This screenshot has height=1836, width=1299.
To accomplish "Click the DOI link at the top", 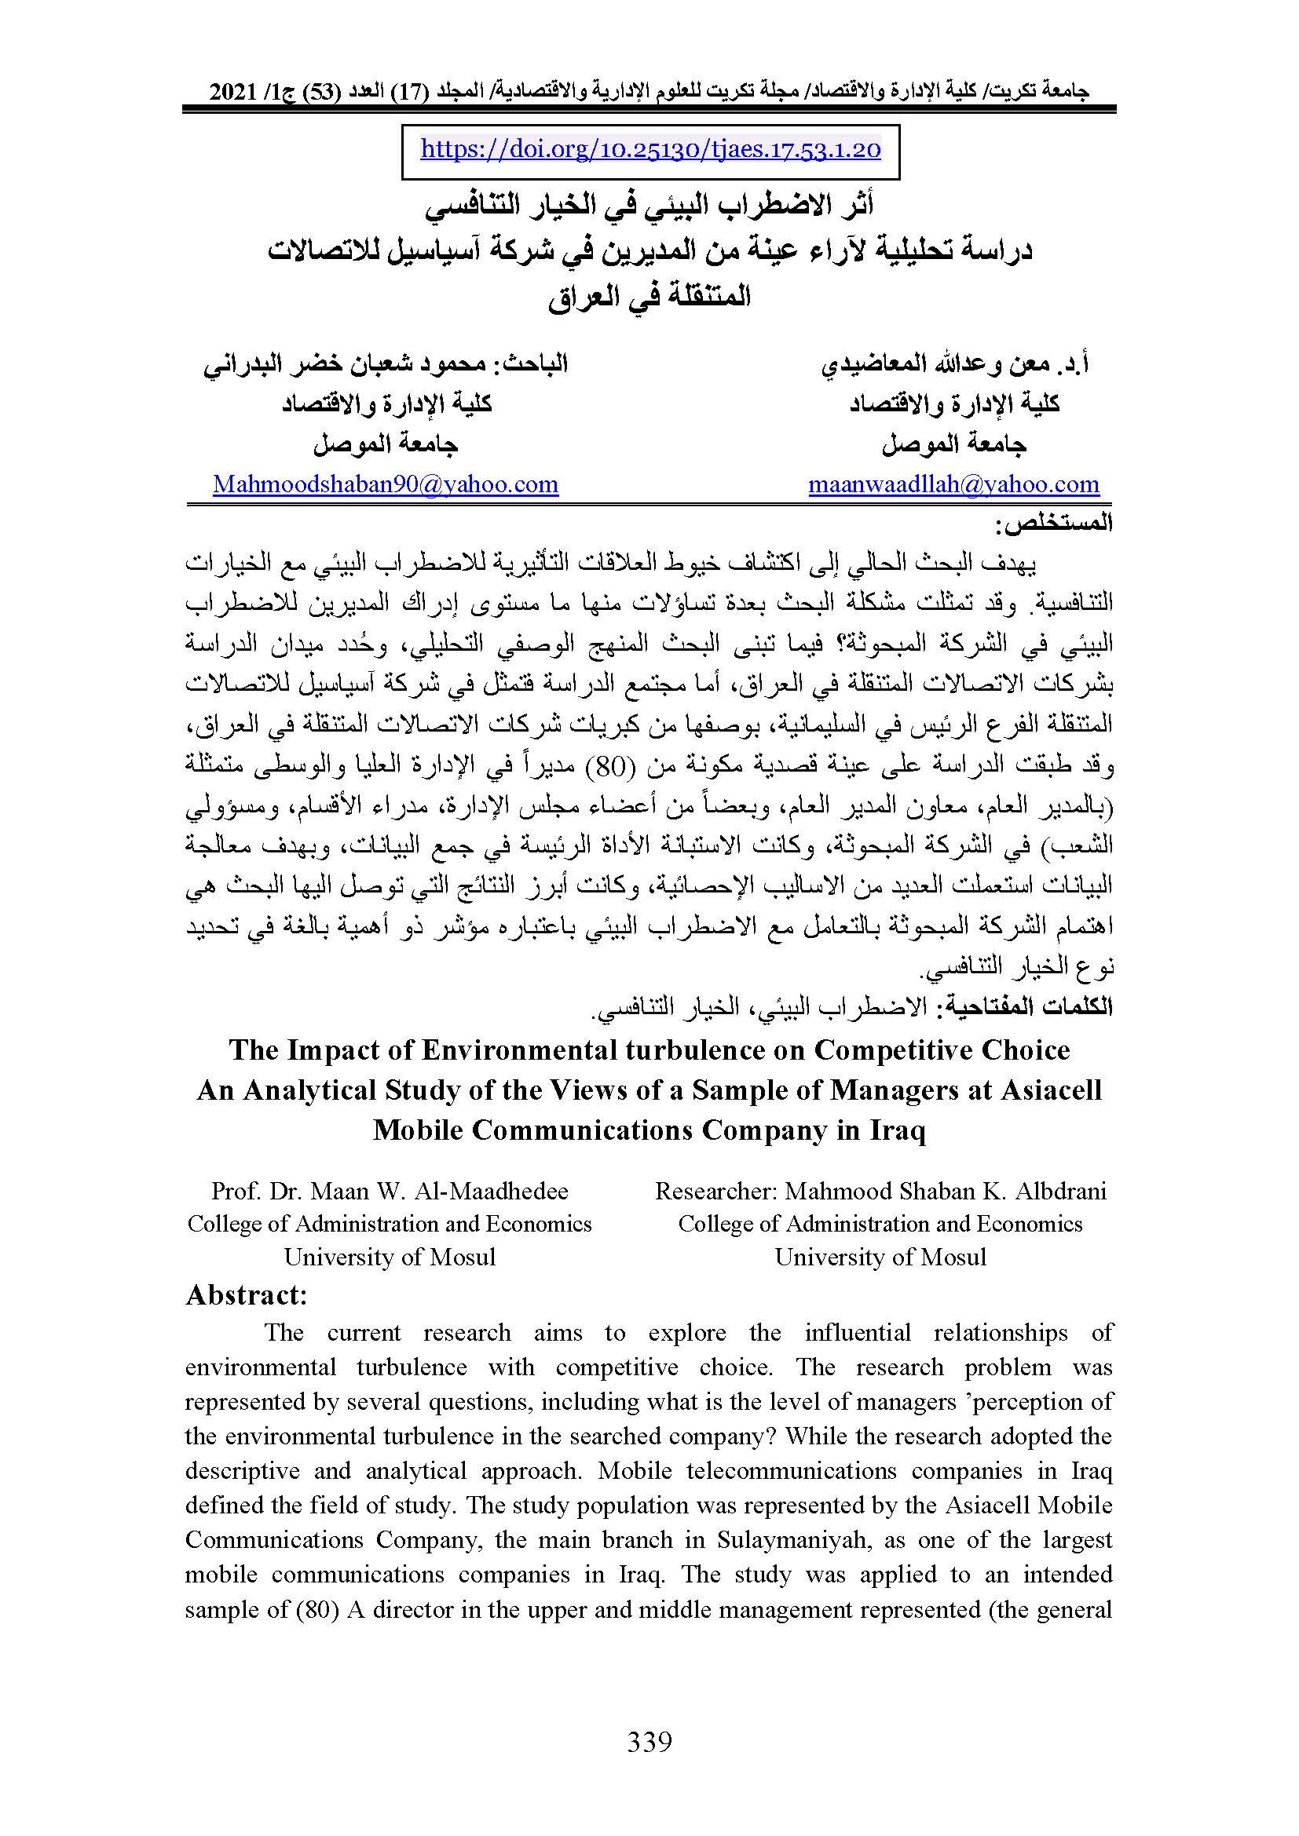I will [650, 150].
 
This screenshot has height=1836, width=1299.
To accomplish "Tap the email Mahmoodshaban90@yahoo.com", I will [386, 484].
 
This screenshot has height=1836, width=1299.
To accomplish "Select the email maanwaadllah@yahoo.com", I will [953, 484].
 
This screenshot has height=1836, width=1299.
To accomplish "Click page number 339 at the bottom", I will [649, 1742].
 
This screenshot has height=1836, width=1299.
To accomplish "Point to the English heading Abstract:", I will [247, 1294].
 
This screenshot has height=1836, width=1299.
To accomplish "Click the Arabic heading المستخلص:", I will [1053, 525].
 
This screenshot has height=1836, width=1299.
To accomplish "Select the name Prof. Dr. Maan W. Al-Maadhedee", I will [390, 1191].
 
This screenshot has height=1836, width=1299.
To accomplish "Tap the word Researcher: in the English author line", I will [715, 1191].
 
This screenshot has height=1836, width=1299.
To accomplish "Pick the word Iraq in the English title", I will [895, 1130].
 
